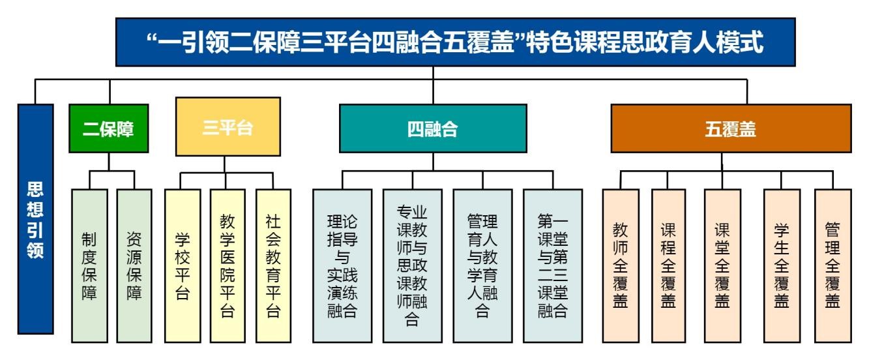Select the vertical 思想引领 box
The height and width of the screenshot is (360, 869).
(x=35, y=219)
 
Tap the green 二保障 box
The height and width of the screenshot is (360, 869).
(x=109, y=128)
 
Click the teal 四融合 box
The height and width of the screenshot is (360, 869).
(x=433, y=128)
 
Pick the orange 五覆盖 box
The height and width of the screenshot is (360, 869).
(x=730, y=128)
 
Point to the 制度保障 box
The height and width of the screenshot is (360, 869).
(x=89, y=266)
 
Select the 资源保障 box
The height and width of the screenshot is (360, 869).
(x=134, y=266)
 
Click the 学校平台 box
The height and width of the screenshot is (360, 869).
(x=182, y=266)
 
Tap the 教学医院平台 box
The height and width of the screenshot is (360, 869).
(x=227, y=266)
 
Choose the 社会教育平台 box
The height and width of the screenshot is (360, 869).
(x=273, y=266)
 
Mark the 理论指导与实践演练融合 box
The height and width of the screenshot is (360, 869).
(x=342, y=266)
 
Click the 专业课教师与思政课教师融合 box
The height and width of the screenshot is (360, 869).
(x=413, y=266)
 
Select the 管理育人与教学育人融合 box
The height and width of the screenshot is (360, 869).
(x=482, y=266)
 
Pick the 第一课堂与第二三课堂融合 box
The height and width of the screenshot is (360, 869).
(x=553, y=266)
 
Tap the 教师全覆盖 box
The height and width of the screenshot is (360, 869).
(x=620, y=266)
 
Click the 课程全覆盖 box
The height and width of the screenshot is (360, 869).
(x=668, y=266)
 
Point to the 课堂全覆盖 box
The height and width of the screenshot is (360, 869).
(x=722, y=266)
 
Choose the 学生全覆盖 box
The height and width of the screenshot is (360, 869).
(x=782, y=266)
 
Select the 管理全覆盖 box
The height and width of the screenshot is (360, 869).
(x=832, y=266)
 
